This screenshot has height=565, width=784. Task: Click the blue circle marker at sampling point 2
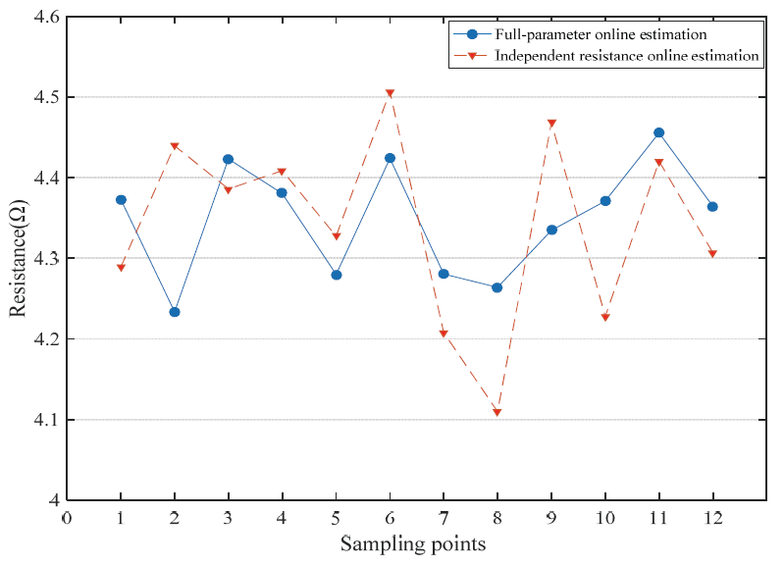175,312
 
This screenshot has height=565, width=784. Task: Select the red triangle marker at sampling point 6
390,94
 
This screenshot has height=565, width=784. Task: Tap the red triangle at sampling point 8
497,413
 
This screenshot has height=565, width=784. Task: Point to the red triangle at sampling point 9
551,124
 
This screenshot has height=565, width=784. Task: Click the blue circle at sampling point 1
121,200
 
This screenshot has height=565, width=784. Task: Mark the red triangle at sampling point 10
605,318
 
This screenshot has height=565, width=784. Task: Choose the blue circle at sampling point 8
497,288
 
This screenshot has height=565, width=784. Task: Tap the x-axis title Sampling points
412,543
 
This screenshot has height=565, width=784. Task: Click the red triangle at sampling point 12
712,255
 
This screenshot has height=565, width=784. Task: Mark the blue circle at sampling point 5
337,275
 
